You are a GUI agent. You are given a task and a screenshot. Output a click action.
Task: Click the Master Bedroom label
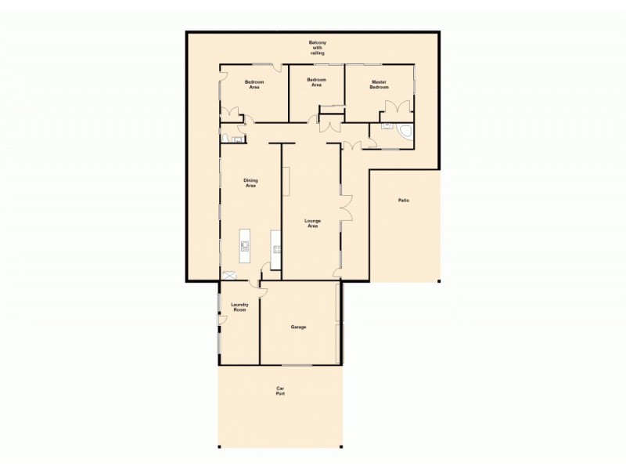click(x=379, y=85)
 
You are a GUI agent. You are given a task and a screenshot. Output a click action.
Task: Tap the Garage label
click(x=298, y=327)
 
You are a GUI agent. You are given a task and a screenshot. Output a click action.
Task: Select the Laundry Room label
click(x=239, y=308)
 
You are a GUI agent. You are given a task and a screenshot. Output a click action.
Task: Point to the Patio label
click(x=404, y=201)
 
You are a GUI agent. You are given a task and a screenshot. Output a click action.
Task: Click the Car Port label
click(x=279, y=391)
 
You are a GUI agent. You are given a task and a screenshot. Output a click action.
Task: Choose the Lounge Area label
click(x=312, y=223)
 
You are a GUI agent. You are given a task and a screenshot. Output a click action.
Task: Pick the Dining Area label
click(x=250, y=183)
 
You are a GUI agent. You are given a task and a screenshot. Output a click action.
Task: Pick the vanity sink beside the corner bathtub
click(x=387, y=125)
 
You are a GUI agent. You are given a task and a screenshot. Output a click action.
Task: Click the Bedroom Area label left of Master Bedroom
click(x=316, y=82)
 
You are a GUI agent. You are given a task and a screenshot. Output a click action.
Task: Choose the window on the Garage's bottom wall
click(x=298, y=364)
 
